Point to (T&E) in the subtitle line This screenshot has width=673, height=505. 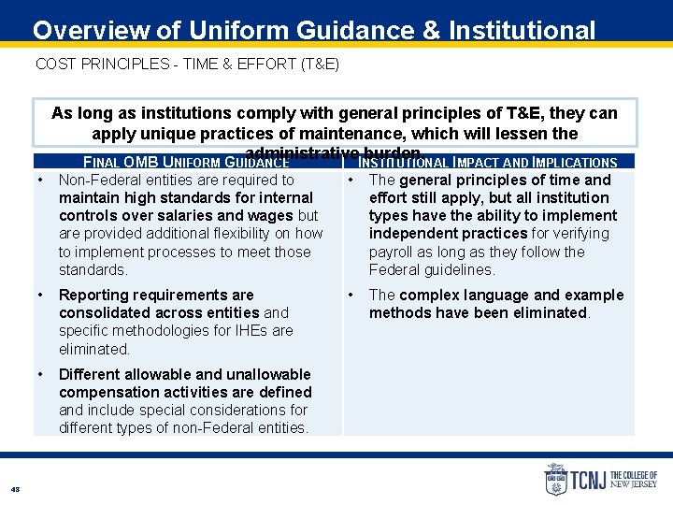tap(319, 64)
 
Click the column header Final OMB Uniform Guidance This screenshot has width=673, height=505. tap(186, 163)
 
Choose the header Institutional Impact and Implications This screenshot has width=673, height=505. tap(488, 163)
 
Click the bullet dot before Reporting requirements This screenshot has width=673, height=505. tap(42, 296)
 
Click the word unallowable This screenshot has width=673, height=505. tap(263, 374)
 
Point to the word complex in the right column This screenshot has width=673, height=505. tap(425, 296)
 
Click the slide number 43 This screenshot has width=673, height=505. tap(15, 489)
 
